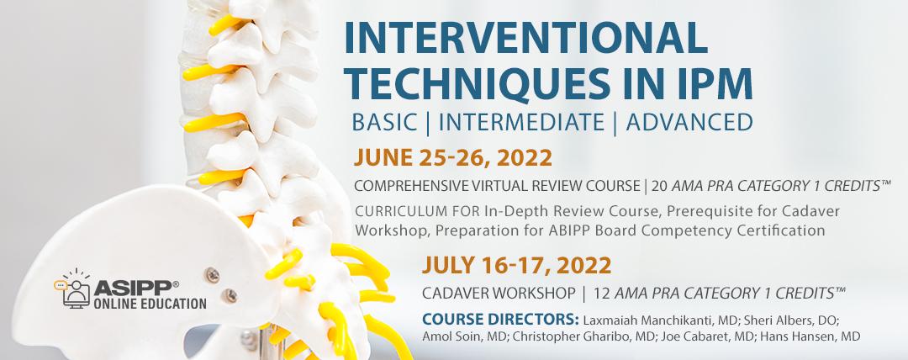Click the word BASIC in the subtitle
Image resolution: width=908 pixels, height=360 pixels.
click(384, 122)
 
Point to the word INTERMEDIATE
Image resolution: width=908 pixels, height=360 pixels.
click(521, 122)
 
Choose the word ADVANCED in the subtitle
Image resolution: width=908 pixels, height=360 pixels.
click(689, 122)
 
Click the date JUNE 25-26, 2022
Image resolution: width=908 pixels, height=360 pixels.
click(453, 157)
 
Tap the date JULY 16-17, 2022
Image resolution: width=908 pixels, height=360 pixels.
click(516, 266)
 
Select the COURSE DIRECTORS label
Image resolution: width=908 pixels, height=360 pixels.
click(501, 320)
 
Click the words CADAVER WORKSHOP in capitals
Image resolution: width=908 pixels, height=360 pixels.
click(499, 294)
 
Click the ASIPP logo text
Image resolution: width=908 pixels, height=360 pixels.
click(133, 289)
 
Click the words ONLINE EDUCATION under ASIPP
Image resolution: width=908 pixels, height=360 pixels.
click(150, 303)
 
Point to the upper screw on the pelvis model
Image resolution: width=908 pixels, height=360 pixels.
click(214, 275)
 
